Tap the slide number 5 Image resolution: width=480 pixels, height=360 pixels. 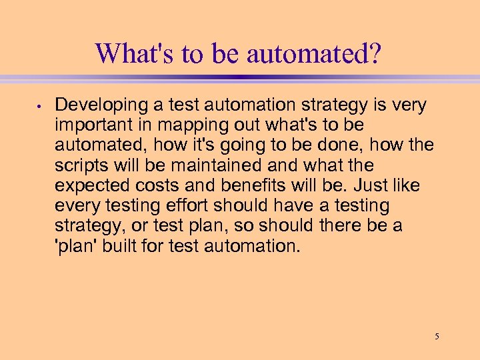tap(437, 336)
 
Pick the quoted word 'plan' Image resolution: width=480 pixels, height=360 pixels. tap(76, 245)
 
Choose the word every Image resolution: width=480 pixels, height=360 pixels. tap(76, 205)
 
